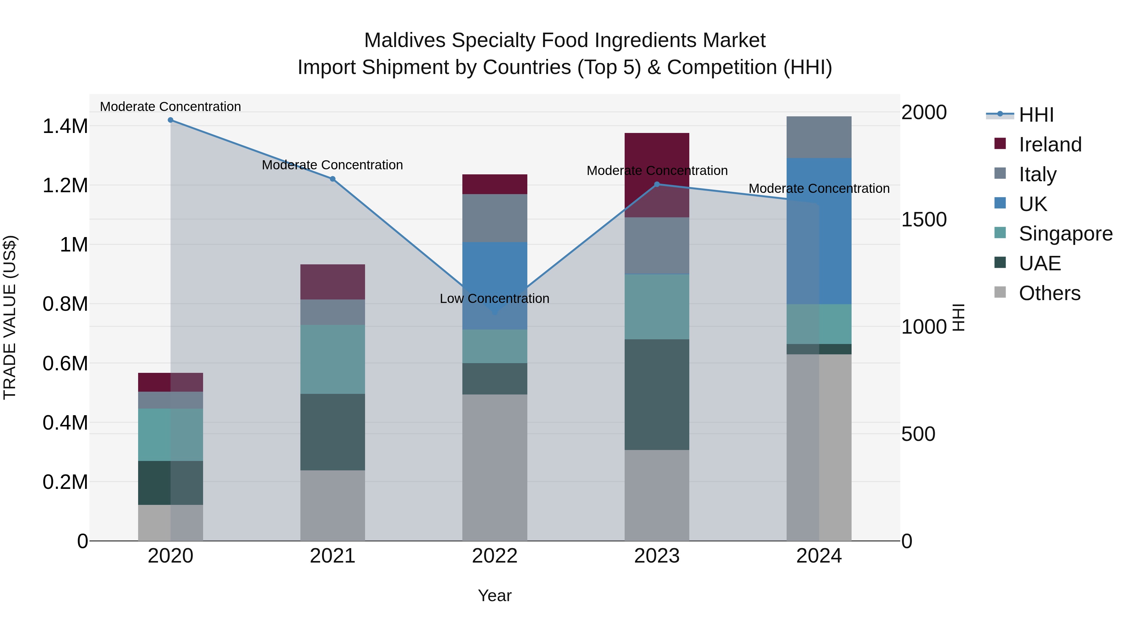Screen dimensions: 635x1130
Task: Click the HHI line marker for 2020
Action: [x=171, y=120]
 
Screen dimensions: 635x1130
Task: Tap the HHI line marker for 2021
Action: [x=332, y=179]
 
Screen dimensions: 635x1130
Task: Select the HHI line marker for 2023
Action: [x=657, y=184]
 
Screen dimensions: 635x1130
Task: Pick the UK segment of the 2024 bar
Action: [x=819, y=231]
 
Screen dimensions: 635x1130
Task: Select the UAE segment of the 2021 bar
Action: [x=332, y=432]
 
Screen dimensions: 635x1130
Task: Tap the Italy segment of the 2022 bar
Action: [x=494, y=218]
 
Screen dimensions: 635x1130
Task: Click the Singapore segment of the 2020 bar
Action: [x=171, y=434]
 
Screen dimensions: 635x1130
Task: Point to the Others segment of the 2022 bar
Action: [x=494, y=467]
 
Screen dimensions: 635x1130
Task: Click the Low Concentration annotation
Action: [x=494, y=299]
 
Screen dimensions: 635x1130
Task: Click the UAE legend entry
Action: [x=1040, y=263]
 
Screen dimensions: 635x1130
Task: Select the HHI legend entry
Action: [x=1036, y=115]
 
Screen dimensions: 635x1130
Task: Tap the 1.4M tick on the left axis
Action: [x=65, y=126]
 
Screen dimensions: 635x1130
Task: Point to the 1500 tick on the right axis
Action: [x=924, y=220]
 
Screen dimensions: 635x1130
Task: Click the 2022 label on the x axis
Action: [x=494, y=556]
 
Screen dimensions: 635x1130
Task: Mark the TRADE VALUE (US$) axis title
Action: [x=10, y=317]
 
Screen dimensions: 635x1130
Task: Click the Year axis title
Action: [x=494, y=595]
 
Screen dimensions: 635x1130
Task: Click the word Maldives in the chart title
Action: [x=405, y=40]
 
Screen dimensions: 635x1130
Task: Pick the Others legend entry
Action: [x=1049, y=293]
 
